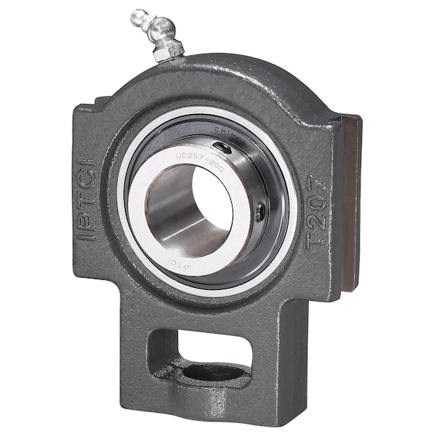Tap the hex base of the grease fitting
pos(168,50)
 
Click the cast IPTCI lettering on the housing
pos(87,188)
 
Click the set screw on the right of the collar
pos(260,211)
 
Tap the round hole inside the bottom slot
pos(215,373)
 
